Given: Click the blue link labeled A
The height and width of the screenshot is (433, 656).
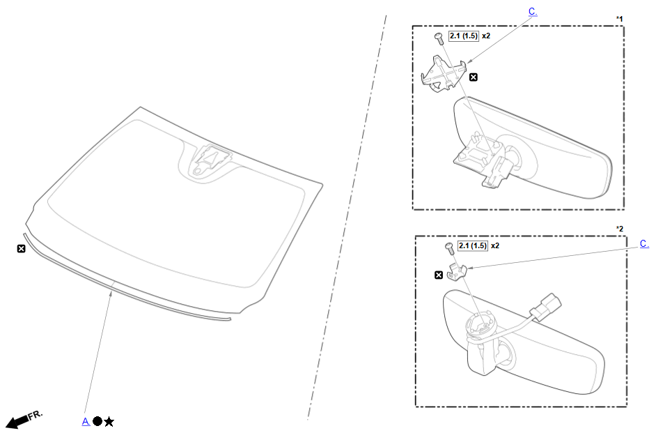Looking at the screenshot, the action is (86, 421).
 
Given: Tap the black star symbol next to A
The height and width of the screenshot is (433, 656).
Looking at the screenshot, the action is (109, 422).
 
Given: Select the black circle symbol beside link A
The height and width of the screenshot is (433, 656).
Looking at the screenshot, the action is (97, 421).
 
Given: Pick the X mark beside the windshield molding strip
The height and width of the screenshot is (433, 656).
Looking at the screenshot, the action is (21, 249).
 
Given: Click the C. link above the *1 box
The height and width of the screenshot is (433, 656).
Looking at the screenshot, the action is (533, 12).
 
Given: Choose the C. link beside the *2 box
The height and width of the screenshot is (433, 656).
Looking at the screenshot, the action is (644, 244).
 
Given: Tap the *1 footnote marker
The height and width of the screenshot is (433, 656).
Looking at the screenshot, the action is (619, 19).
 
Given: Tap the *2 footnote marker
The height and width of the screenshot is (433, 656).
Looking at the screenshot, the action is (620, 229).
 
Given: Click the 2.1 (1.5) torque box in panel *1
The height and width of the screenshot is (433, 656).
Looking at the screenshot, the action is (464, 36).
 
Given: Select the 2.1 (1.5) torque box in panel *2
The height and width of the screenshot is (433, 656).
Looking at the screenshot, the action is (473, 246).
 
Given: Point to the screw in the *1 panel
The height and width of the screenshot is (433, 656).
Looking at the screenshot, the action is (439, 38).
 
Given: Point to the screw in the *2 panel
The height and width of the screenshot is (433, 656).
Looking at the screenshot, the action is (449, 248).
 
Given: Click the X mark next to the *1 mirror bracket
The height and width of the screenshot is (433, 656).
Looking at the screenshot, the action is (473, 77).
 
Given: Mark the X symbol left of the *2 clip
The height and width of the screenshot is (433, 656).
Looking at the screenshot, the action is (439, 275).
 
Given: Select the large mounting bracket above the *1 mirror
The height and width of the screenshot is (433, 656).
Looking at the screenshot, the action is (444, 74).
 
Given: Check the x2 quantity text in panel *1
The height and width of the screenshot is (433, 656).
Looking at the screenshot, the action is (485, 36).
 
